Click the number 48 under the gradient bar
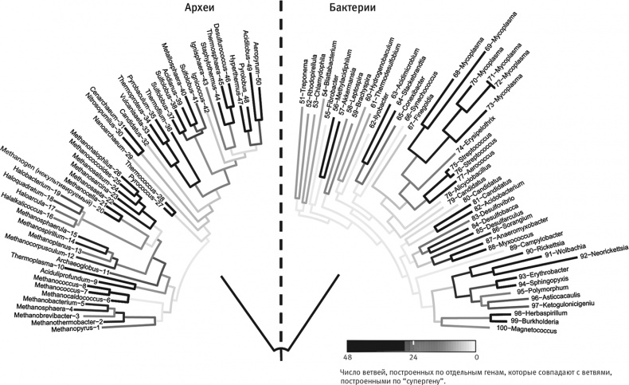(347, 357)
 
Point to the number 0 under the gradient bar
(475, 357)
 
